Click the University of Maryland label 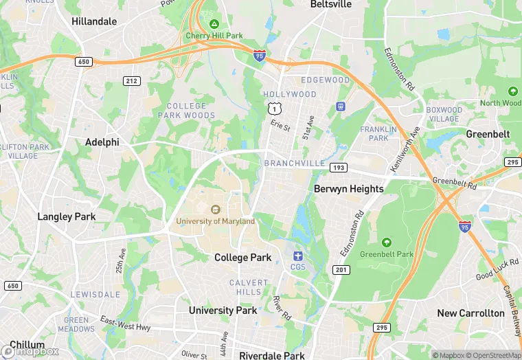pos(215,221)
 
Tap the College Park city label pos(242,258)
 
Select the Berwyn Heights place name pos(348,188)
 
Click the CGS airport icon pos(297,256)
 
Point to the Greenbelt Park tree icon pos(386,243)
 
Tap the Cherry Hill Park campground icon pos(214,24)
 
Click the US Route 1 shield pos(273,108)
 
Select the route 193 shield pos(337,167)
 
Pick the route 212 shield pos(132,81)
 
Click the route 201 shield pos(339,270)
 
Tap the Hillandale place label pos(94,21)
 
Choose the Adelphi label pos(102,142)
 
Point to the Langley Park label pos(66,216)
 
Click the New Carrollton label pos(470,313)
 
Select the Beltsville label pos(330,4)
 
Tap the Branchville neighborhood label pos(295,163)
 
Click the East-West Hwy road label pos(125,324)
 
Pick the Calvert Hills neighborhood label pos(249,287)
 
